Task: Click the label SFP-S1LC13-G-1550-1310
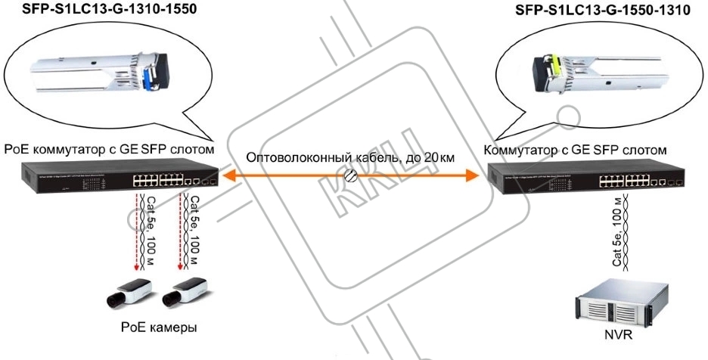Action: tap(598, 11)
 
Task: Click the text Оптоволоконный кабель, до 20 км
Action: tap(349, 158)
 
